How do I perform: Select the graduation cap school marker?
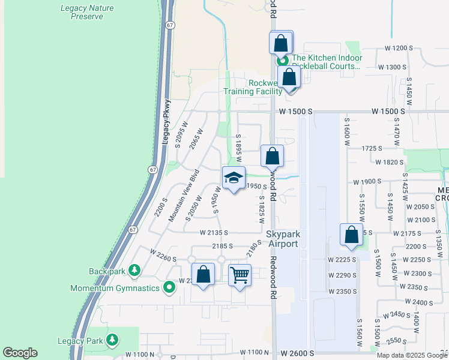tap(234, 178)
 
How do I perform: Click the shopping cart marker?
tap(240, 275)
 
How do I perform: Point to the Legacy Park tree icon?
tap(112, 341)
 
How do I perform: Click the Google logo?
tap(20, 353)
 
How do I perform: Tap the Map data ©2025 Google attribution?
tap(412, 355)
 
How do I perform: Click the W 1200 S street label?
tap(400, 47)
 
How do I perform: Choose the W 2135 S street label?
tap(214, 232)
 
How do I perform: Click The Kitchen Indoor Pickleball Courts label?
tap(327, 62)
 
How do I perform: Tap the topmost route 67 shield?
tap(171, 25)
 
